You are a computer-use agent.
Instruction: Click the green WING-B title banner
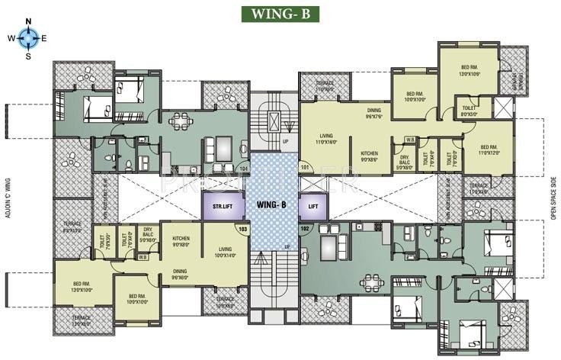click(x=280, y=14)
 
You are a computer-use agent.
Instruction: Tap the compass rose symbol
click(x=27, y=37)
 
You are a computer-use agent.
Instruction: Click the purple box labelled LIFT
click(x=313, y=205)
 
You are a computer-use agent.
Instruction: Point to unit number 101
click(x=305, y=166)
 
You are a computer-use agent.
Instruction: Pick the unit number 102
click(x=306, y=227)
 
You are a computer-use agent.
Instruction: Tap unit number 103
click(x=243, y=228)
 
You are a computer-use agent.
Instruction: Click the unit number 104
click(x=243, y=167)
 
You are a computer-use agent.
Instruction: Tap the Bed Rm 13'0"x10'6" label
click(x=467, y=70)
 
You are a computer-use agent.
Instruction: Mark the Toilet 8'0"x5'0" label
click(x=469, y=113)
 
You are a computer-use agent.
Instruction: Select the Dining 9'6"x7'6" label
click(x=373, y=113)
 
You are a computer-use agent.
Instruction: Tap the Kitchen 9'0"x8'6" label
click(x=369, y=156)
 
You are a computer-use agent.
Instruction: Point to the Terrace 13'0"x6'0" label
click(x=82, y=320)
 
